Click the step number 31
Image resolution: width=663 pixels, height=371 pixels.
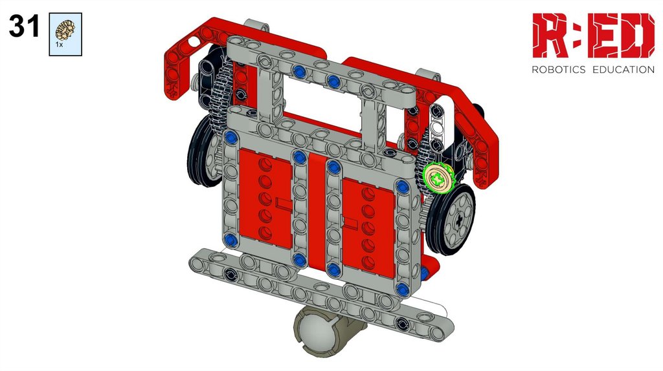pyautogui.click(x=24, y=26)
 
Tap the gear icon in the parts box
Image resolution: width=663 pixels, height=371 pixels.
pyautogui.click(x=65, y=31)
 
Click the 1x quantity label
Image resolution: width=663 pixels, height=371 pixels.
pyautogui.click(x=59, y=45)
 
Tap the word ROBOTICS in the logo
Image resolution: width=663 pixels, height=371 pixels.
pyautogui.click(x=559, y=70)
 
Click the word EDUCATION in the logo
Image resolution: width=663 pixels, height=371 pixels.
pyautogui.click(x=624, y=70)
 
